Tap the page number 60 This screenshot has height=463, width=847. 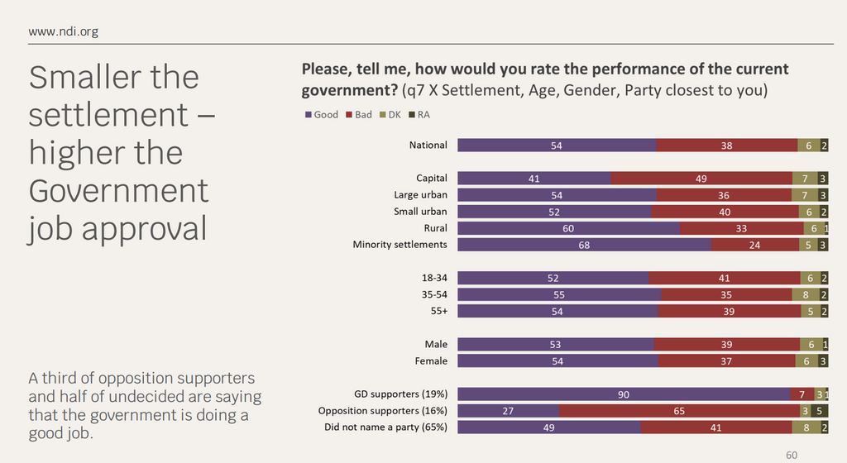point(792,455)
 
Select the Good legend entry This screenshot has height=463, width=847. point(322,115)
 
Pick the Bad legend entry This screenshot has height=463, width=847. point(359,115)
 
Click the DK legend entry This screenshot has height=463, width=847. point(390,115)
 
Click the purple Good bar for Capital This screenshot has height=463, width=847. point(534,179)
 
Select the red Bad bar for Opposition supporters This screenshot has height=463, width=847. point(678,411)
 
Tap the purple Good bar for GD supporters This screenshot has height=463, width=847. point(624,394)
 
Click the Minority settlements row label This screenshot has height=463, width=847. point(400,245)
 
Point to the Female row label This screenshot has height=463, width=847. point(430,361)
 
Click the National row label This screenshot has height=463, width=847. point(428,146)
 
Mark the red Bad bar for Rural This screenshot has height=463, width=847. point(740,228)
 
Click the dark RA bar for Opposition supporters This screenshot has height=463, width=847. point(818,411)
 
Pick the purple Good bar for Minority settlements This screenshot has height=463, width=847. point(583,245)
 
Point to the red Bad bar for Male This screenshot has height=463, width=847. point(726,345)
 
